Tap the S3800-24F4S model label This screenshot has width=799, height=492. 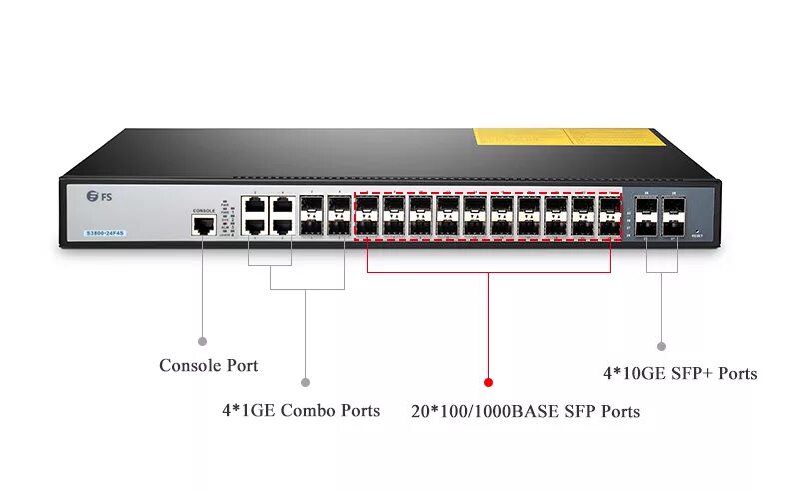tap(105, 234)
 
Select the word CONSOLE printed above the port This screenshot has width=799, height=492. tap(204, 211)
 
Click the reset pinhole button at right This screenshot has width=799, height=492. tap(696, 232)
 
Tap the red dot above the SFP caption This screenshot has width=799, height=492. tap(488, 381)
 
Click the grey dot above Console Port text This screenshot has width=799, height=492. tap(203, 340)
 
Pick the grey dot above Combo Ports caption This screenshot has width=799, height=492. tap(305, 381)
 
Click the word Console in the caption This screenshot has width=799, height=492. tap(189, 366)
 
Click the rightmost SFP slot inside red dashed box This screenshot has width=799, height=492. tap(608, 216)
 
